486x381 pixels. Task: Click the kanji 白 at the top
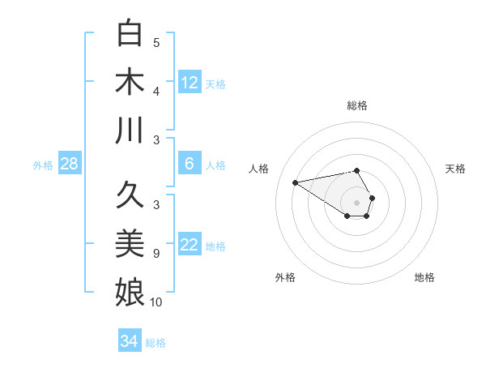pos(130,34)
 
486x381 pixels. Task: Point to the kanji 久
pos(130,195)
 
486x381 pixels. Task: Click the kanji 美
pos(130,243)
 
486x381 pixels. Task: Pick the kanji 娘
pos(130,291)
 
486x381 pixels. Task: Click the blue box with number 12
pos(190,82)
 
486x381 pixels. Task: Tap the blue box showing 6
pos(190,164)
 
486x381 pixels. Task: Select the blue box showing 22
pos(190,246)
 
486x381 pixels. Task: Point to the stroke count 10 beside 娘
pos(156,302)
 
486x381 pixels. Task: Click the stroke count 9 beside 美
pos(156,254)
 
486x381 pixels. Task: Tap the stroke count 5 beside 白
pos(156,42)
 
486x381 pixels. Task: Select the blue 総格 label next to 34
pos(156,343)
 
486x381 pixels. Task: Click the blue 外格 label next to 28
pos(43,165)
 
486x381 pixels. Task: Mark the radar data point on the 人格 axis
pos(296,182)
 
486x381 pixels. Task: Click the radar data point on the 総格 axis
pos(356,171)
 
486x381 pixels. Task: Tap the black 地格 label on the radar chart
pos(424,277)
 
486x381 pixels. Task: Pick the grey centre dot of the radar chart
pos(356,202)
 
